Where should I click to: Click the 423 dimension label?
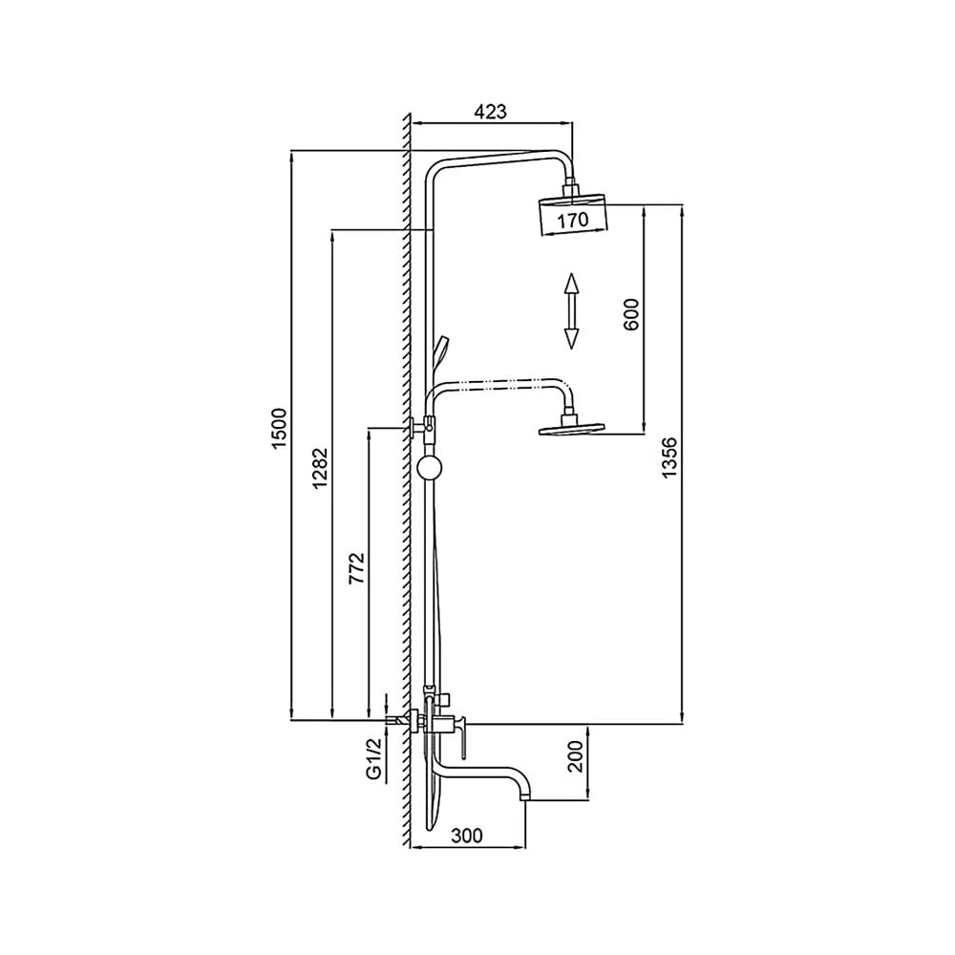pos(490,112)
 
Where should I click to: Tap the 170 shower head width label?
pos(573,219)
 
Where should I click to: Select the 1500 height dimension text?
pos(278,429)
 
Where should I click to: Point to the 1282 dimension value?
pos(321,468)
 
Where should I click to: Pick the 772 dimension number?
pos(356,568)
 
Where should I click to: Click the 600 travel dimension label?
pos(631,314)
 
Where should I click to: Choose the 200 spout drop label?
pos(576,756)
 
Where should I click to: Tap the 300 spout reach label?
pos(467,835)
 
